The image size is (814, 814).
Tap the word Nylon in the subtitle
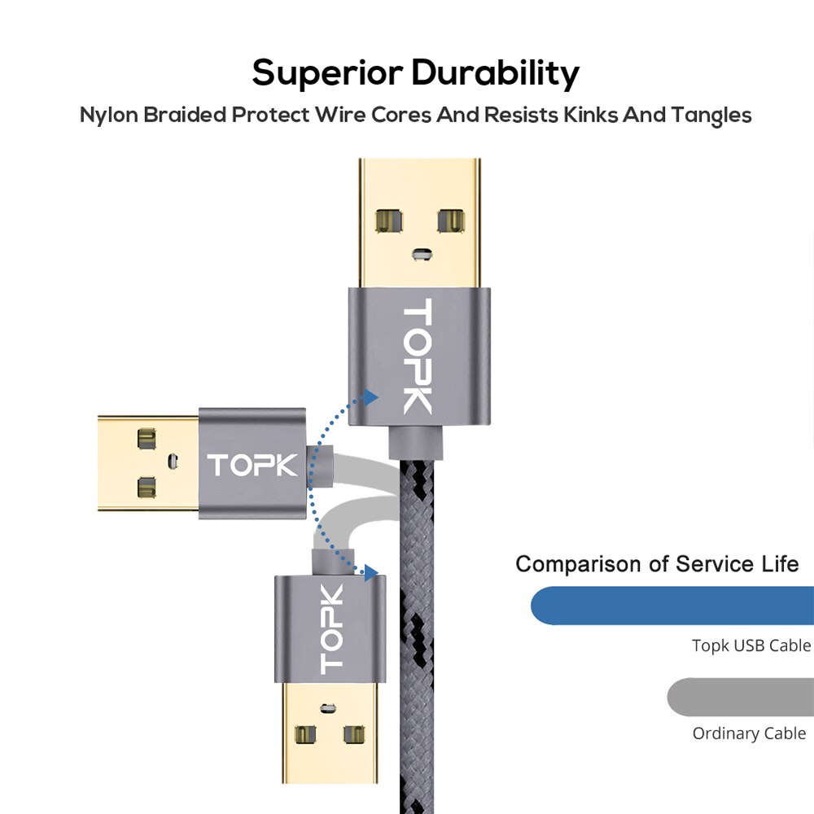[x=108, y=115]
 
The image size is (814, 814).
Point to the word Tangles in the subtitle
[x=711, y=116]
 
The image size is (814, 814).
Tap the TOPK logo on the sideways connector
[x=252, y=465]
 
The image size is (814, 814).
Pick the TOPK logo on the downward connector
[x=331, y=629]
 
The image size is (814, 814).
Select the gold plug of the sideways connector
[x=147, y=464]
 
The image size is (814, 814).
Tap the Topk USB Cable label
[x=751, y=646]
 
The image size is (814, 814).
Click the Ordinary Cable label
[x=749, y=733]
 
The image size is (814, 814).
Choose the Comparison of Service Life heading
[x=657, y=564]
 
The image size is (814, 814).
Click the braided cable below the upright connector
[x=420, y=635]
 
